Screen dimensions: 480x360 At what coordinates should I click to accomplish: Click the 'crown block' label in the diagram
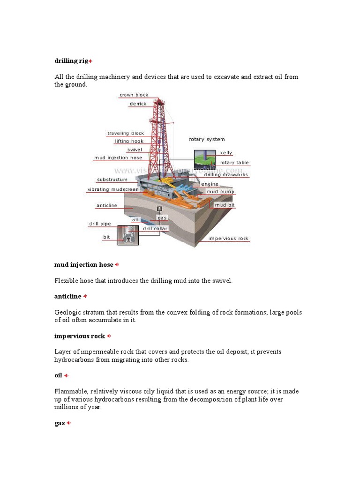tap(134, 95)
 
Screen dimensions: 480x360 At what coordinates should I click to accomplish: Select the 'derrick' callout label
tap(138, 104)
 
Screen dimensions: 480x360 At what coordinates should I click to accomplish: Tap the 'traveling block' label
tap(125, 134)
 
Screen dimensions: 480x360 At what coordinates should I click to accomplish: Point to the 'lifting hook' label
tap(129, 142)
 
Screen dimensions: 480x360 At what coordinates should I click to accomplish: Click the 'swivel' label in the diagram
tap(135, 150)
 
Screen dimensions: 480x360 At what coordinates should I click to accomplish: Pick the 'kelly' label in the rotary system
tap(226, 153)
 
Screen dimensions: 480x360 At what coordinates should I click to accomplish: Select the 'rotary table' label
tap(234, 163)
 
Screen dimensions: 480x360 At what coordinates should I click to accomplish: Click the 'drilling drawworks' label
tap(226, 175)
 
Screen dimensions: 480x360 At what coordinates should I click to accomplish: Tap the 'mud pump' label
tap(221, 192)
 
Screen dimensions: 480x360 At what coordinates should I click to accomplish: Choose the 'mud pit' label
tap(225, 205)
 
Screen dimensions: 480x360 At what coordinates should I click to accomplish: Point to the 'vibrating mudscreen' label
tap(113, 189)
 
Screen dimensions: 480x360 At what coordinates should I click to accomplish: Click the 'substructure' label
tap(112, 180)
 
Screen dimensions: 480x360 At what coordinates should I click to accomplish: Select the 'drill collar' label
tap(155, 229)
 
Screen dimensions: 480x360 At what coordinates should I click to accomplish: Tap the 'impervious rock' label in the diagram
tap(228, 239)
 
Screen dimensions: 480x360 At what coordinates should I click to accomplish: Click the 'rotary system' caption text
tap(206, 139)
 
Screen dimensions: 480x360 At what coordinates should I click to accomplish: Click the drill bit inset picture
tap(128, 235)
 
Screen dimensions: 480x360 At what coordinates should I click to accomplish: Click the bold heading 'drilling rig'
tap(71, 61)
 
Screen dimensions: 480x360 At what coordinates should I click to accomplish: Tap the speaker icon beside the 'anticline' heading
tap(85, 297)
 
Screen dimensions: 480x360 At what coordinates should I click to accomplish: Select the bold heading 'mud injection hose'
tap(84, 265)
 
